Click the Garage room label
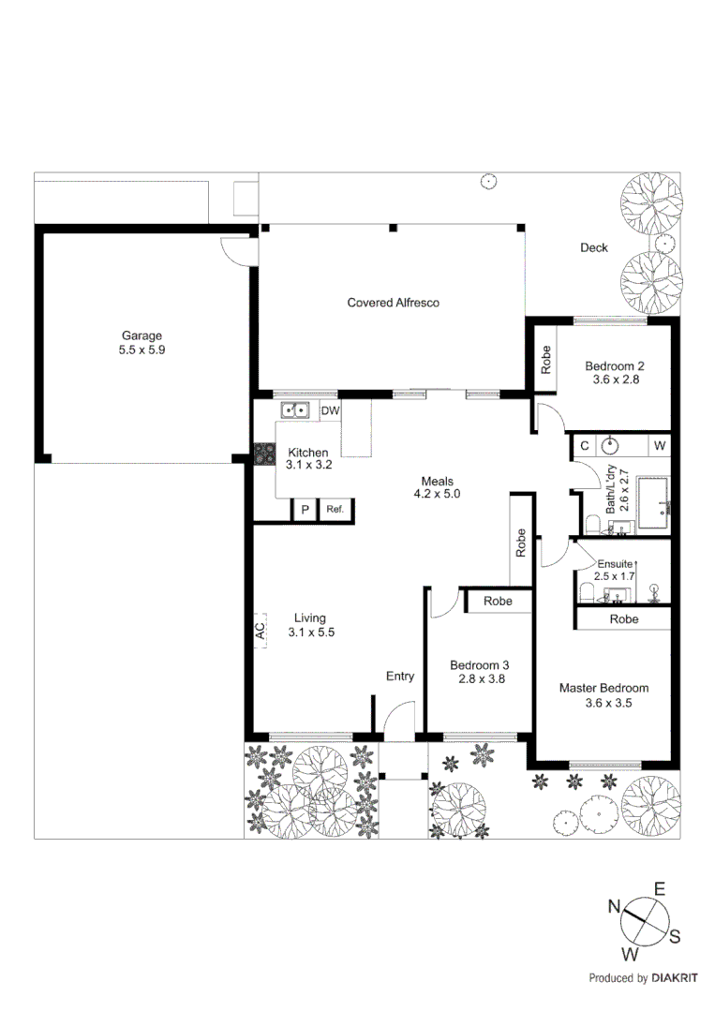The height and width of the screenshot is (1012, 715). (x=142, y=335)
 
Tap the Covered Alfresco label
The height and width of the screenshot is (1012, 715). (x=393, y=303)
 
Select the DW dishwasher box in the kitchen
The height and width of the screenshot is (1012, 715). (x=330, y=410)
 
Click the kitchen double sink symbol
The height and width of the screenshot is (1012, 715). (x=296, y=409)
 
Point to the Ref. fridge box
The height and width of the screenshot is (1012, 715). (x=335, y=511)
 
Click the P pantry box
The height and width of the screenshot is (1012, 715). (x=304, y=511)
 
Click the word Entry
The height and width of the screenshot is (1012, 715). (x=400, y=676)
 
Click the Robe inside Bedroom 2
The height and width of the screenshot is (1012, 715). (x=546, y=360)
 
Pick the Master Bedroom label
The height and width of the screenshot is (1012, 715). (x=603, y=688)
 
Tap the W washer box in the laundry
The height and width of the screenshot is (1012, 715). (x=660, y=444)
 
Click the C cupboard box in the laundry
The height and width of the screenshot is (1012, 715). (x=584, y=444)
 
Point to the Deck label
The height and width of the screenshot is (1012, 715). (x=593, y=247)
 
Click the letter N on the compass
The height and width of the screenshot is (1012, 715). (x=615, y=905)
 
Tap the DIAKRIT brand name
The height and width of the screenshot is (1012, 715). (x=675, y=978)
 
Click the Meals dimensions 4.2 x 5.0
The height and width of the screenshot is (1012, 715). (x=437, y=493)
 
